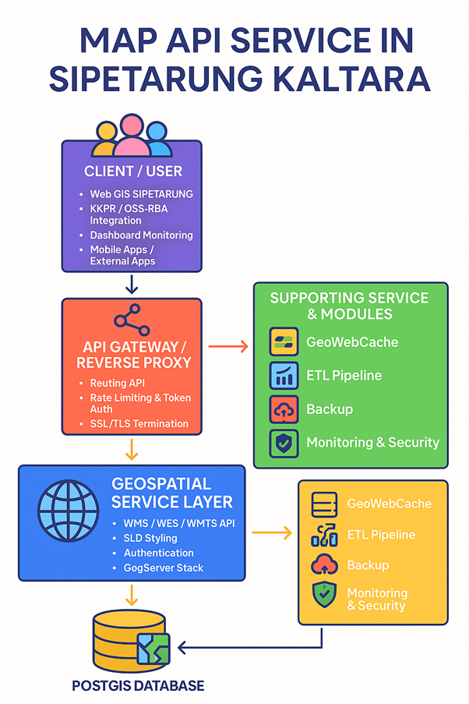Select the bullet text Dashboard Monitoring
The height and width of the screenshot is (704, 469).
point(141,235)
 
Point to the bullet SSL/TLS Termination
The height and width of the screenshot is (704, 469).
point(139,423)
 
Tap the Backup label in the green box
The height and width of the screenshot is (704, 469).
point(330,409)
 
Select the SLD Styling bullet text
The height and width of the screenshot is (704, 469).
point(150,538)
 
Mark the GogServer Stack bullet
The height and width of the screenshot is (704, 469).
point(164,568)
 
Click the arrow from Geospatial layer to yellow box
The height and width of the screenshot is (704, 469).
point(271,533)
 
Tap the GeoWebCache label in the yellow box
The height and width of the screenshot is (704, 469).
point(389,504)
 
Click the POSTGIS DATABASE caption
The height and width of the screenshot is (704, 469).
point(138,686)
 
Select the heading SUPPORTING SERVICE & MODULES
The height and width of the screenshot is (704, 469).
point(350,306)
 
